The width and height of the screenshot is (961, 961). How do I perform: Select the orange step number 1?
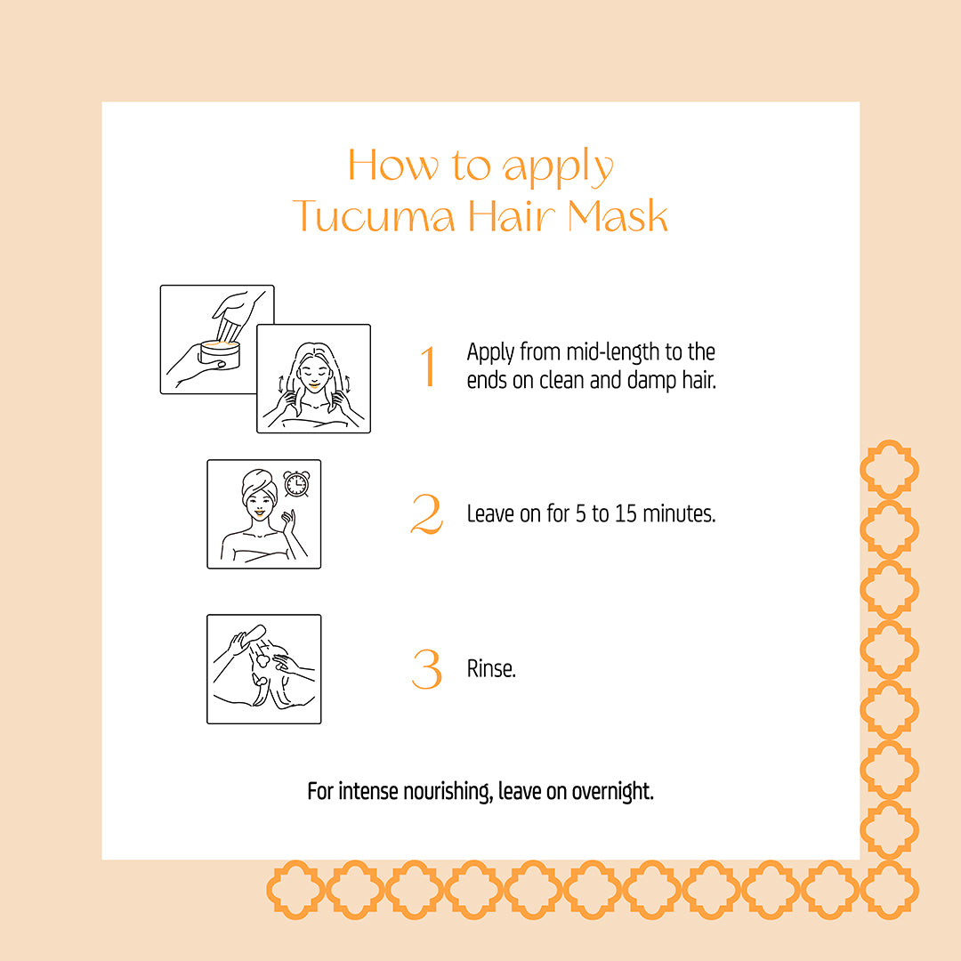pos(428,366)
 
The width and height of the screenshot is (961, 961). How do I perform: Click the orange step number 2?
pos(426,513)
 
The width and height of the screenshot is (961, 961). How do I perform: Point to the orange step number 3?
pos(426,668)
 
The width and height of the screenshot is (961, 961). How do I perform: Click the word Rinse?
pos(491,668)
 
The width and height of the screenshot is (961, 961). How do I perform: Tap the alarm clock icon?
pos(296,483)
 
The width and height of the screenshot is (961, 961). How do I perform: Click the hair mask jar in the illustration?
pos(220,355)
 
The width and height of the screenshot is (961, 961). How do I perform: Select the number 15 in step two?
pos(626,513)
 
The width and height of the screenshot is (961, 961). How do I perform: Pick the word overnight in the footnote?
pos(612,791)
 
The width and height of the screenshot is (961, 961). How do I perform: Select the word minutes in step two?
pos(679,513)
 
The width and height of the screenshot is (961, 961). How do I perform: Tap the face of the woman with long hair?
pos(313,374)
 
